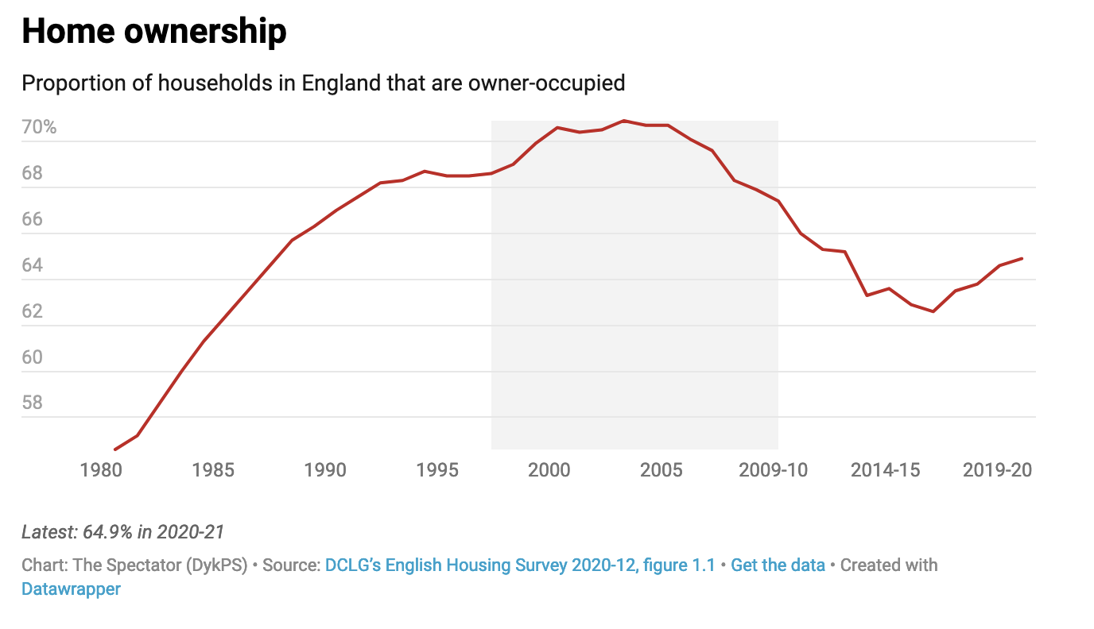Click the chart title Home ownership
tap(153, 32)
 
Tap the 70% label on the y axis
tap(39, 127)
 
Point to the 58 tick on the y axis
tap(33, 403)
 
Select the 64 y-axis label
tap(33, 265)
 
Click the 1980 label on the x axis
tap(101, 470)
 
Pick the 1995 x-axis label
tap(437, 470)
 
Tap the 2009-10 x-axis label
tap(773, 470)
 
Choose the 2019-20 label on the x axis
tap(997, 470)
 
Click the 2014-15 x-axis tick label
tap(885, 470)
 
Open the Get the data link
tap(778, 565)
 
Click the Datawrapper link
tap(72, 589)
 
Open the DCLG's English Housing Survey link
tap(520, 565)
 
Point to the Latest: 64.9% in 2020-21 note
tap(123, 532)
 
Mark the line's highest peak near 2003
tap(624, 121)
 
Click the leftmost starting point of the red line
tap(115, 450)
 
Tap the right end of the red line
tap(1022, 258)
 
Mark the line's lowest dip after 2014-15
tap(933, 311)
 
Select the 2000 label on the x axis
tap(549, 470)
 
